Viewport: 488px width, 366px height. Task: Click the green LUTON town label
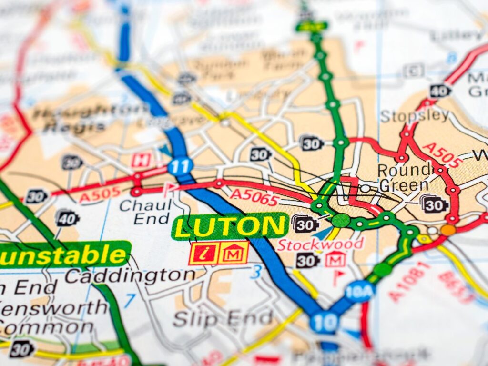tap(230, 226)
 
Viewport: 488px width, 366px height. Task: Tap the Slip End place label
tap(223, 318)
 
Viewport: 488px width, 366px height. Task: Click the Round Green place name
tap(403, 177)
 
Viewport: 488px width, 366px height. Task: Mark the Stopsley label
tap(415, 115)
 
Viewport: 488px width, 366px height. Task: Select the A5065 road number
tap(254, 195)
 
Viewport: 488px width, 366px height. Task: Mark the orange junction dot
tap(448, 230)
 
